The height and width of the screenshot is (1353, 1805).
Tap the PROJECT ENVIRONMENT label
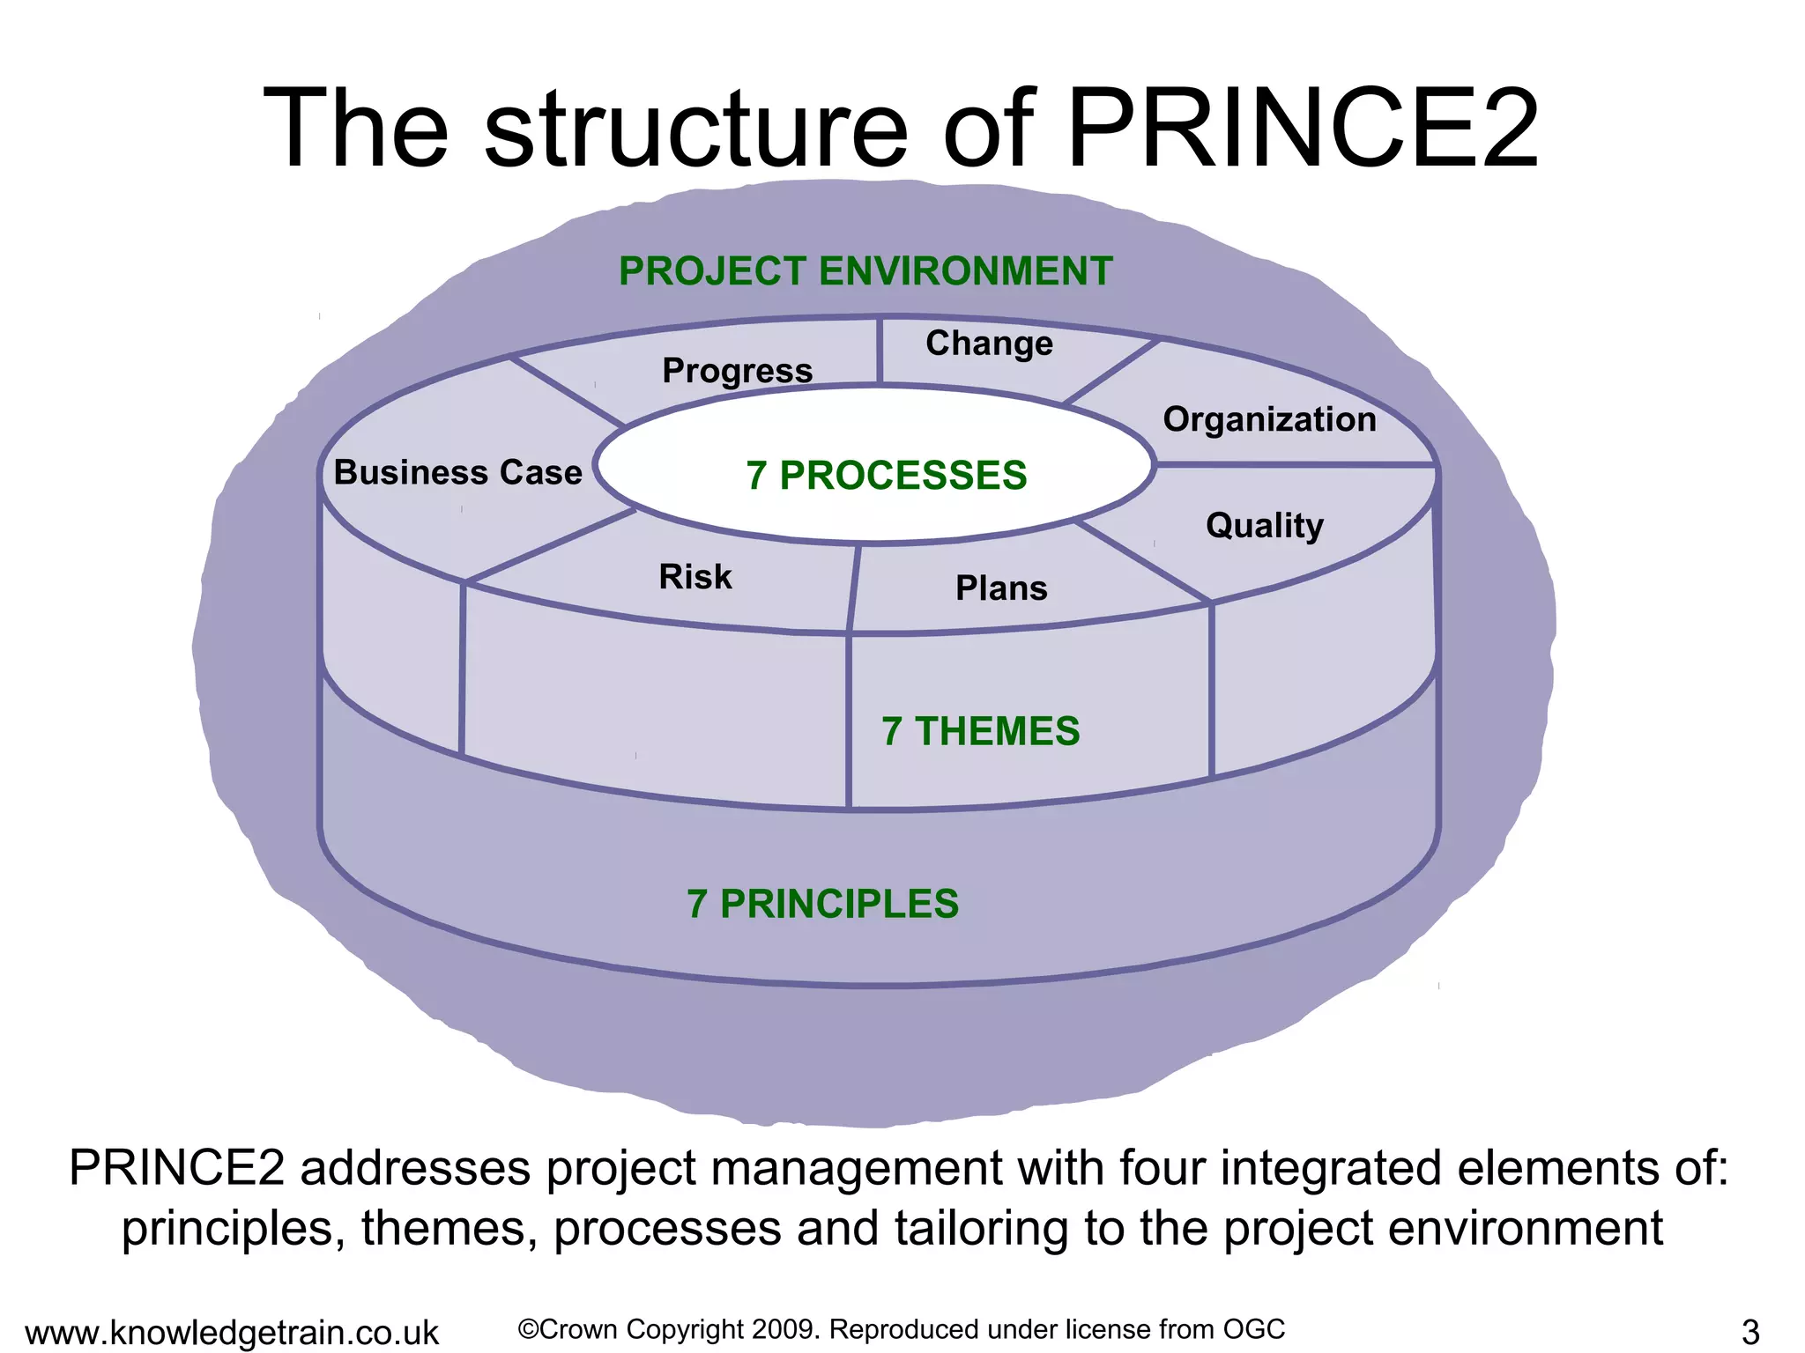pos(865,271)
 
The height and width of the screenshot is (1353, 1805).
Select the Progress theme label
pos(738,371)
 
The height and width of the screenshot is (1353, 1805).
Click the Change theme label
pos(989,344)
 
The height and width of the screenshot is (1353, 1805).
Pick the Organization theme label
pos(1269,420)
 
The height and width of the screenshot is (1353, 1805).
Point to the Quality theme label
pos(1265,526)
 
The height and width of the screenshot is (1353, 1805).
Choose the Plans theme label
pos(1001,588)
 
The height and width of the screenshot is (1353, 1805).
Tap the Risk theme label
pos(695,577)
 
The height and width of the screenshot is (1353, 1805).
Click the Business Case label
pos(458,473)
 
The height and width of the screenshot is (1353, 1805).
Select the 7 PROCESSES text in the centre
pos(887,476)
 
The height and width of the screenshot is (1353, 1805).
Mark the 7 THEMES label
pos(980,731)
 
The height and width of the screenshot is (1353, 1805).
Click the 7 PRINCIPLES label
pos(822,905)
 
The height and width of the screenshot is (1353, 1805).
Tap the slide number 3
pos(1750,1331)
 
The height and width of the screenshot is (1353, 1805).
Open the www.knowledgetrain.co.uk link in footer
pos(232,1333)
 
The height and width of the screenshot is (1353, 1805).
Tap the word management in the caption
pos(856,1169)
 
